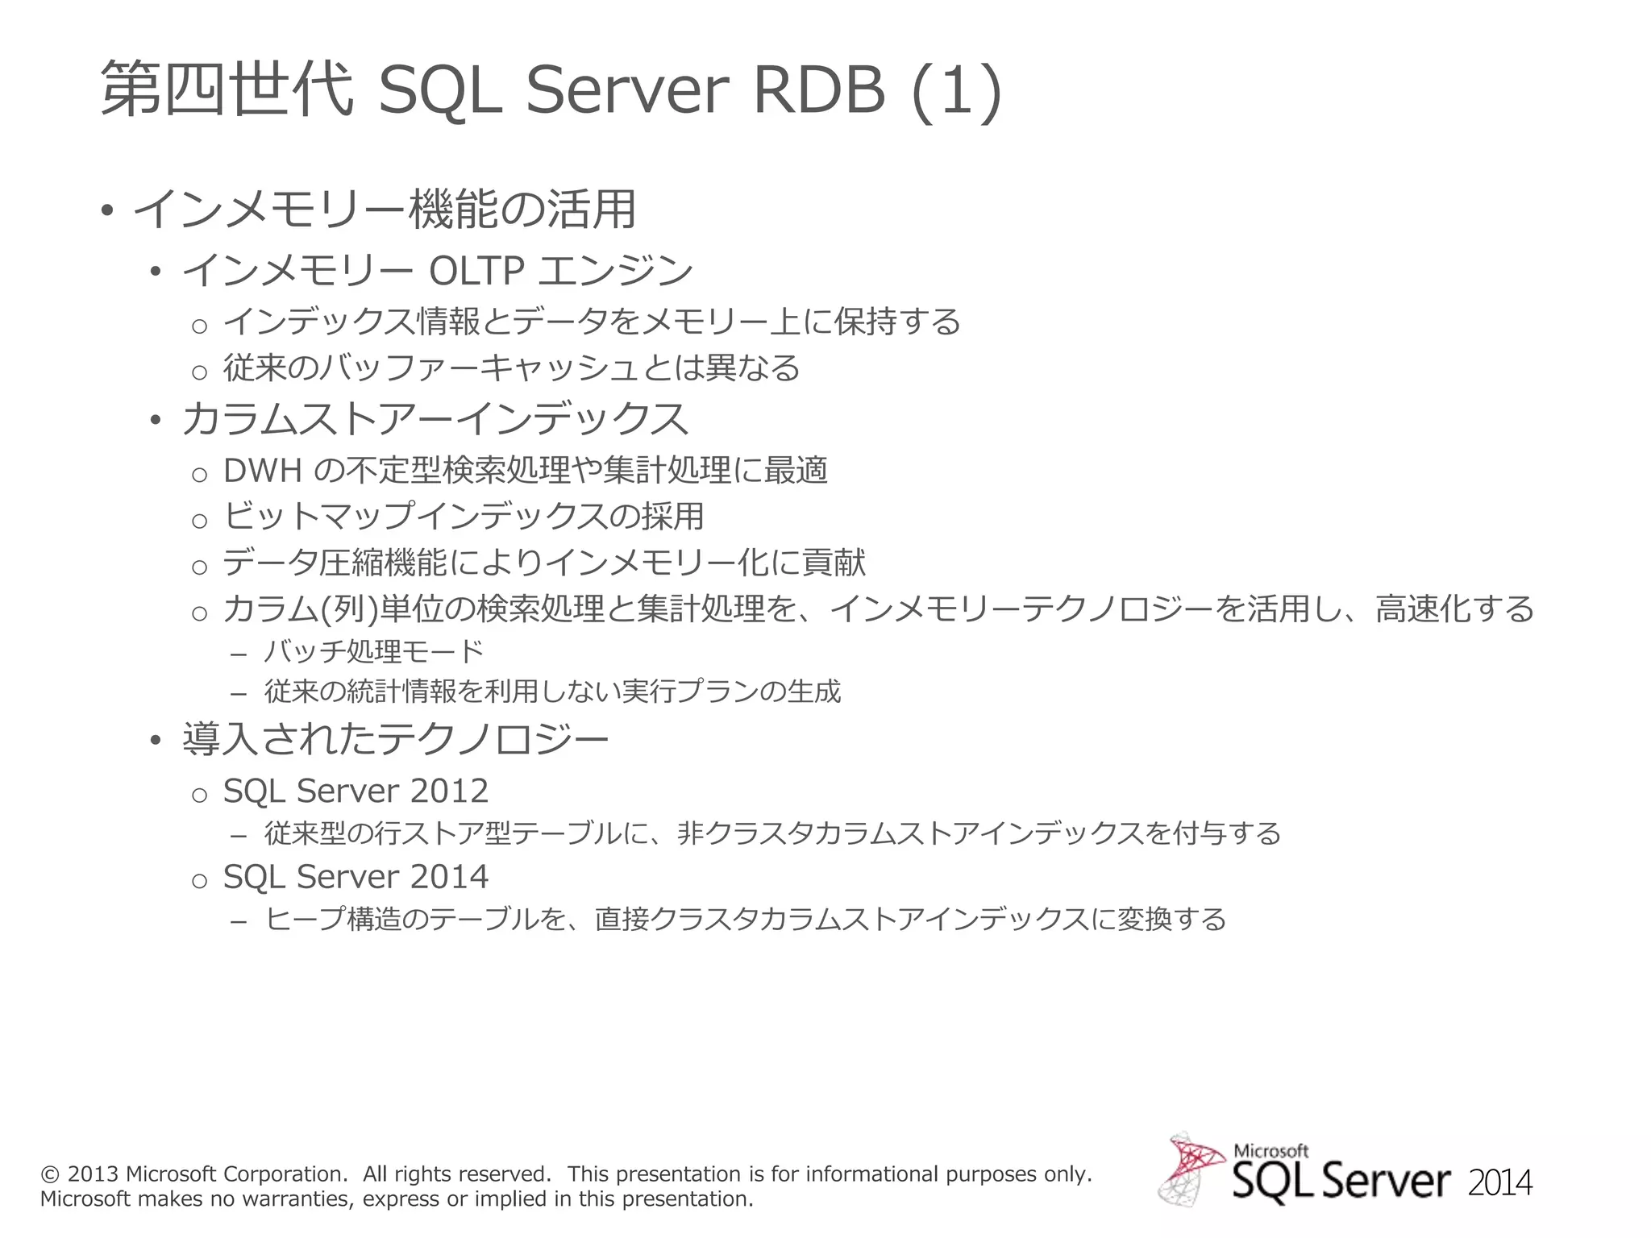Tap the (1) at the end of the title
coord(956,90)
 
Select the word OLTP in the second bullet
coord(476,271)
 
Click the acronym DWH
coord(262,471)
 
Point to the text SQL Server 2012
coord(356,791)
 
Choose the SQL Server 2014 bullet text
coord(356,877)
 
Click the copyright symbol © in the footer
coord(50,1174)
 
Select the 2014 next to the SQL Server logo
coord(1499,1183)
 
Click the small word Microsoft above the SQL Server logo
coord(1270,1151)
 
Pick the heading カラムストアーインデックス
coord(435,419)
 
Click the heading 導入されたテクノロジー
coord(395,740)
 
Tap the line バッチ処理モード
coord(374,651)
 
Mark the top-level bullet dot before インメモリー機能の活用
coord(106,212)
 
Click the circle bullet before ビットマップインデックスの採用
coord(199,521)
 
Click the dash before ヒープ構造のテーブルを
coord(238,920)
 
